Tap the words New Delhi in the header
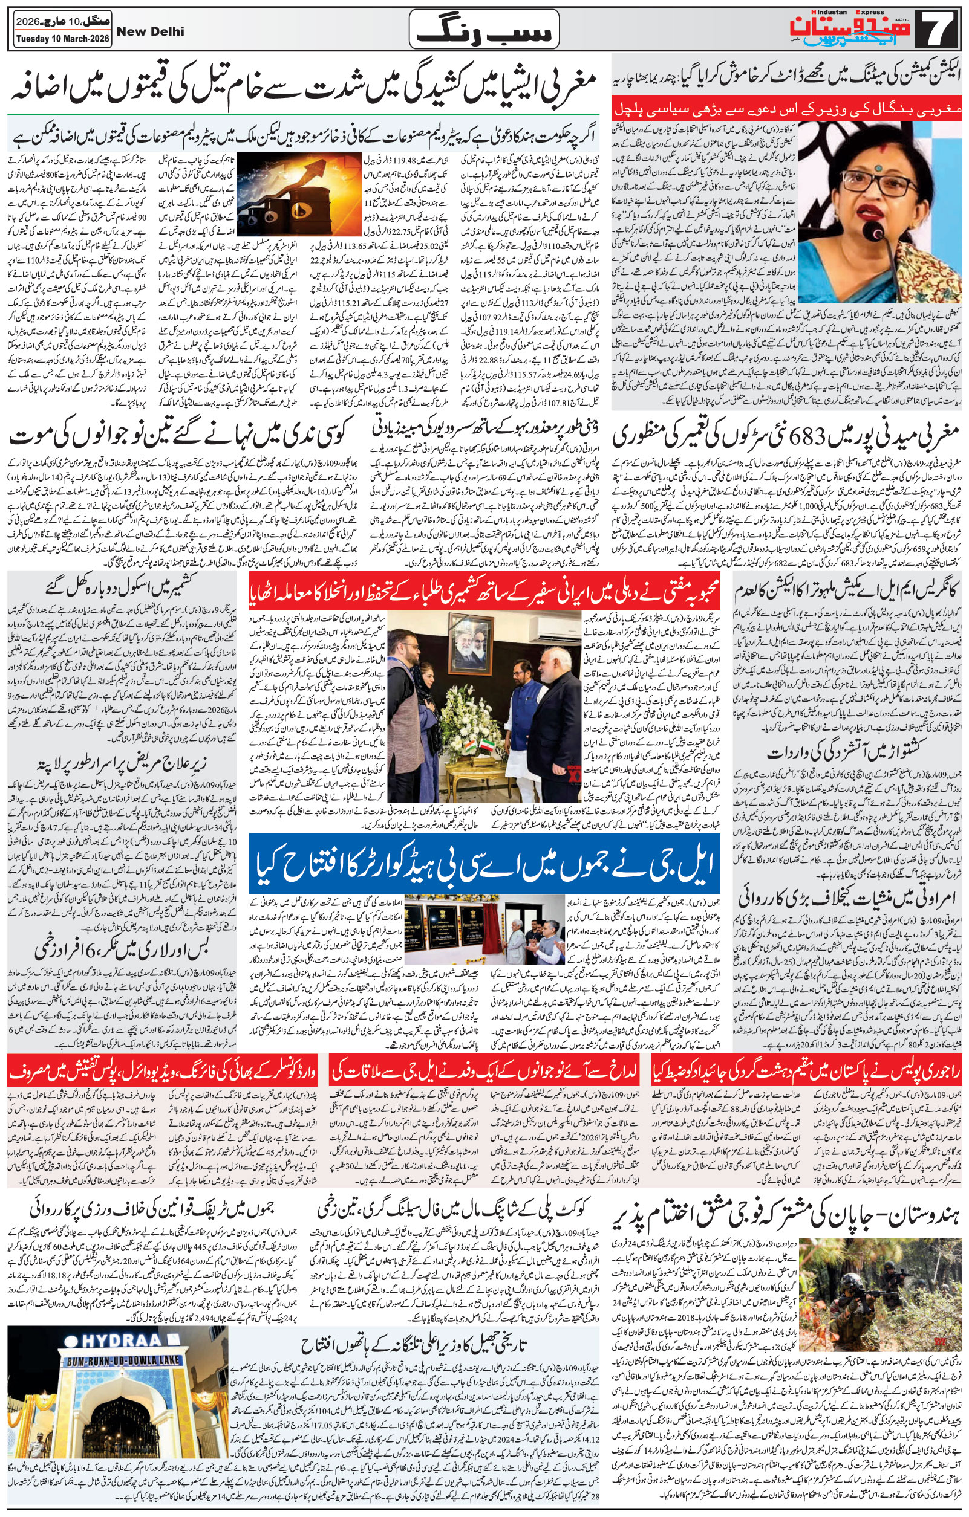[156, 31]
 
